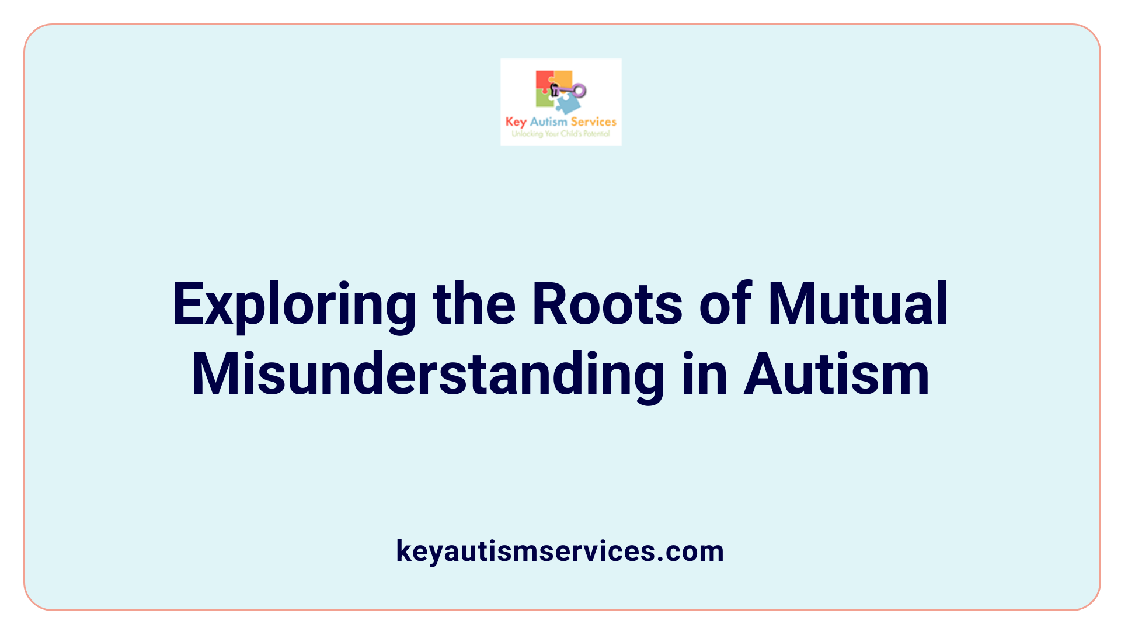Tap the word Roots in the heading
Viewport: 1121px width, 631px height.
(607, 304)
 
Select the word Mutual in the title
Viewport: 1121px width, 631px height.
(858, 304)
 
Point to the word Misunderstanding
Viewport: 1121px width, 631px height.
(427, 375)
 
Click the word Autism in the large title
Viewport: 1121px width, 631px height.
(836, 375)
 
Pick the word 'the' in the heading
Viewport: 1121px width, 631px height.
(474, 304)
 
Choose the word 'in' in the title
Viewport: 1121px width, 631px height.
(704, 375)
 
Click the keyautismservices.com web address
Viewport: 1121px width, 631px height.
(560, 551)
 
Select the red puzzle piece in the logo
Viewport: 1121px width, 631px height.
(544, 80)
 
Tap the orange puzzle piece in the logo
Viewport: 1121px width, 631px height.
(563, 78)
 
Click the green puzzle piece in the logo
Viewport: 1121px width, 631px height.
(544, 99)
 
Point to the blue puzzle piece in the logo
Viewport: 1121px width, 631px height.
(568, 104)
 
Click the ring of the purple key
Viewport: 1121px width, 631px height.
(579, 91)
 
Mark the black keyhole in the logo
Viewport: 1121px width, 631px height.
(555, 90)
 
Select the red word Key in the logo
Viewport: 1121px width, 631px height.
(516, 122)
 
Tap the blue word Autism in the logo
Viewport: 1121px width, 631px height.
(548, 122)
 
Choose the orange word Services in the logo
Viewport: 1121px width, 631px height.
(593, 122)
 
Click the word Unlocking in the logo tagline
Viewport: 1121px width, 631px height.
(527, 134)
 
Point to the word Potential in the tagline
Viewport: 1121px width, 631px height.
(596, 134)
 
